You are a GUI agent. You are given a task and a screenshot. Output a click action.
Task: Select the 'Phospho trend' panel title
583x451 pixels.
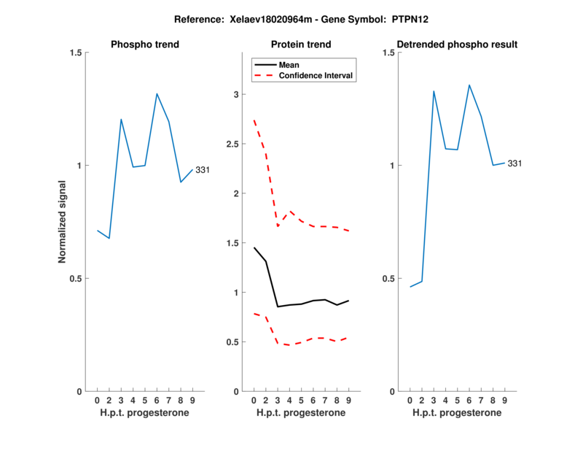[145, 45]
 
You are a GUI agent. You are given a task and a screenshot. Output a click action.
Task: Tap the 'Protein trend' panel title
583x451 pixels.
[301, 45]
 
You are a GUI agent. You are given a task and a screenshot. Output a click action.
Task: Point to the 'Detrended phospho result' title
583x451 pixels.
[458, 45]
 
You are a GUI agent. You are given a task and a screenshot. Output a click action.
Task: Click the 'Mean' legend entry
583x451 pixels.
[289, 64]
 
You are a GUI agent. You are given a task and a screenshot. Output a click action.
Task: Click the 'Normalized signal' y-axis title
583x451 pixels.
[62, 222]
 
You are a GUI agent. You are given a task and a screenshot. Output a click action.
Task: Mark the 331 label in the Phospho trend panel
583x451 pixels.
[203, 170]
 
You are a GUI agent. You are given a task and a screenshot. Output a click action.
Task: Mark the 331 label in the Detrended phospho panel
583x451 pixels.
[514, 163]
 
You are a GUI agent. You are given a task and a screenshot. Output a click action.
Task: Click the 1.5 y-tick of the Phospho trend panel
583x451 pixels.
[74, 53]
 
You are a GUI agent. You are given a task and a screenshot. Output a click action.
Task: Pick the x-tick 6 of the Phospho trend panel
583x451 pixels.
[157, 400]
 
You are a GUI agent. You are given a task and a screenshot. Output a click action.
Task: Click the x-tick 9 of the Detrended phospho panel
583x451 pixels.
[504, 400]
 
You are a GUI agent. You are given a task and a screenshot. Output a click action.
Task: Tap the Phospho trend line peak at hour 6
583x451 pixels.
[157, 93]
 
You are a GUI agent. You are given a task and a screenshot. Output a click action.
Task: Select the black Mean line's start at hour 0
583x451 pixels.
[254, 248]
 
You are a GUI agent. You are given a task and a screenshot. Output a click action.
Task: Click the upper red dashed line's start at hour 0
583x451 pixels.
[254, 120]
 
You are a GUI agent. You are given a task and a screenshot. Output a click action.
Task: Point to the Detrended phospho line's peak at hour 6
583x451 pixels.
[469, 85]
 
